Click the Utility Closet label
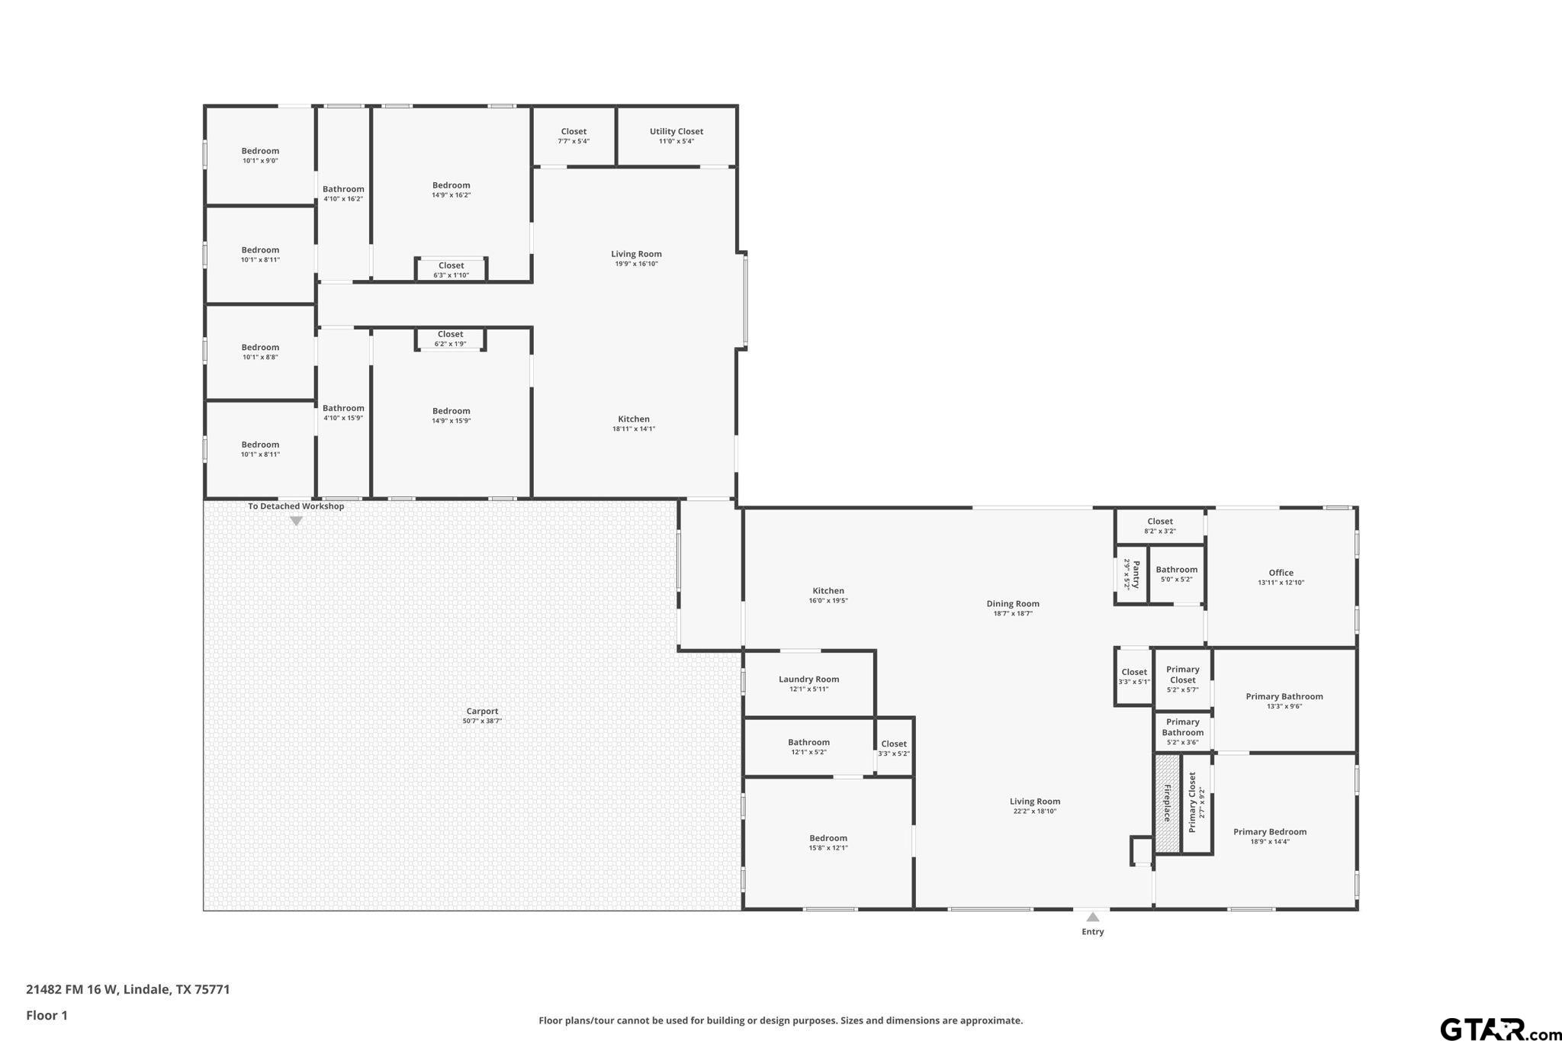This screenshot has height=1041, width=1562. [676, 131]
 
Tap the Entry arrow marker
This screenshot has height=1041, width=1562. [1092, 917]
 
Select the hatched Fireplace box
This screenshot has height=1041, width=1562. [1166, 803]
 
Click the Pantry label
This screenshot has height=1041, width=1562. [1135, 574]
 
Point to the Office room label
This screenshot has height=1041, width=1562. [1281, 573]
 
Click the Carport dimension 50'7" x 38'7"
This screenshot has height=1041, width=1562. [482, 721]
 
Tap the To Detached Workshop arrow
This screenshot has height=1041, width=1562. [296, 521]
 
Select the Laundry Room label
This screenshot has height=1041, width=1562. [808, 679]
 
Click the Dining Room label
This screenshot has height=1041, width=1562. [1012, 603]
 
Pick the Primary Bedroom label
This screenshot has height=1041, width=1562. [1269, 831]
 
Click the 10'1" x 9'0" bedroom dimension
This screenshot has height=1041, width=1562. [260, 161]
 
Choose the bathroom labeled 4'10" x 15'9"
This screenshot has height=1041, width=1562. [343, 413]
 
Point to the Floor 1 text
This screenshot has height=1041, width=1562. [47, 1015]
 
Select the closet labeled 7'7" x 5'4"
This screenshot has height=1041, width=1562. [574, 136]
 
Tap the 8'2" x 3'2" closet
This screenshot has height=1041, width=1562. [1159, 526]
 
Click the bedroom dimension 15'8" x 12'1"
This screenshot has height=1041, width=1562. [828, 847]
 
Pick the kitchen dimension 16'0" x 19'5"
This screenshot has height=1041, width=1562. [828, 600]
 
